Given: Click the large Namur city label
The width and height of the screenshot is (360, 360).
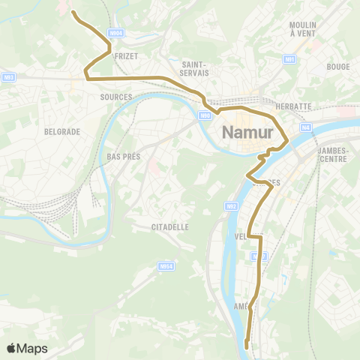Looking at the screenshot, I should (x=251, y=133).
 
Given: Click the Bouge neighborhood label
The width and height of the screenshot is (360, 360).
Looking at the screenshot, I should (x=339, y=66).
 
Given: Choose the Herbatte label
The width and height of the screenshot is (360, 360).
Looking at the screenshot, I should (x=293, y=106).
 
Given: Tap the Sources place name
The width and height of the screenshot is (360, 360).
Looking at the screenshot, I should (x=115, y=97).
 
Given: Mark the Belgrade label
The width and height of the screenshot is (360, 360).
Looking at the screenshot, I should (x=61, y=131).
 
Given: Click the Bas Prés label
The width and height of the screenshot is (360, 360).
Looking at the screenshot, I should (x=124, y=157).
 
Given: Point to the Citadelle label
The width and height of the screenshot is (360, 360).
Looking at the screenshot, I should (x=170, y=226).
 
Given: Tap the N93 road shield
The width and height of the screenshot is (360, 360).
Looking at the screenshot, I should (x=9, y=76).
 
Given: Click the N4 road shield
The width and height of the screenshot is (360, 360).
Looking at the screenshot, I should (x=306, y=127).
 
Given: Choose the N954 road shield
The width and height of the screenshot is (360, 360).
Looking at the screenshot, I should (x=166, y=265).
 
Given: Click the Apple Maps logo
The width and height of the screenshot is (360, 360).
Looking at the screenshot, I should (x=27, y=348).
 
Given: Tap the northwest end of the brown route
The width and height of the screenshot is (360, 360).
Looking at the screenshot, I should (x=73, y=11).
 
